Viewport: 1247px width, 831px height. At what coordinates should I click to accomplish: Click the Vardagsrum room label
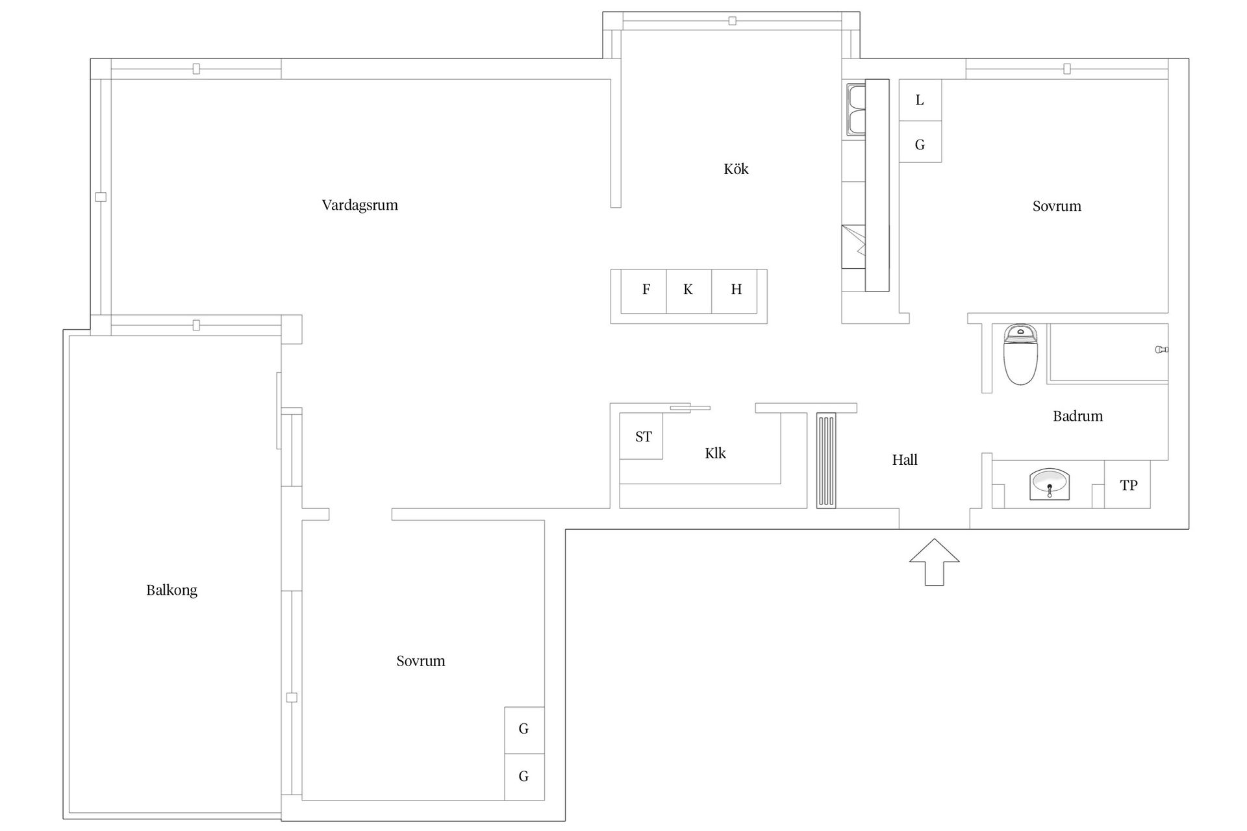tap(360, 205)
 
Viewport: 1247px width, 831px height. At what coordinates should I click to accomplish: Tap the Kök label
tap(736, 169)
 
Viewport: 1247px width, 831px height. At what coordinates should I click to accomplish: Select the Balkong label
tap(171, 590)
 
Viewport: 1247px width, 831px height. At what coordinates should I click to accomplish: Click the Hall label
tap(905, 460)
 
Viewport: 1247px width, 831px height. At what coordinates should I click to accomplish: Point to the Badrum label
tap(1077, 416)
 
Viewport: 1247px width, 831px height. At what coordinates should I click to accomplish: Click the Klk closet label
tap(715, 453)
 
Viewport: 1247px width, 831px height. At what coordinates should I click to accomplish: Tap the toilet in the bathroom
tap(1020, 354)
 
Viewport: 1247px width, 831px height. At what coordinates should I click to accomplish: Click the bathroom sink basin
tap(1049, 484)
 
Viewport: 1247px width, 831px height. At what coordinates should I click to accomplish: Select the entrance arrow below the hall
tap(934, 562)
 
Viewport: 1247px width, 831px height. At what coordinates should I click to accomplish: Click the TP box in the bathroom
tap(1127, 484)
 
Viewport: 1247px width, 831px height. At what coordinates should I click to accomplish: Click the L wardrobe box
tap(920, 100)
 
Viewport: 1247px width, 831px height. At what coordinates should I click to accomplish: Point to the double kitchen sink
tap(855, 110)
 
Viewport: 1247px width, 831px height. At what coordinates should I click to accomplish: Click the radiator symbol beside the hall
tap(826, 460)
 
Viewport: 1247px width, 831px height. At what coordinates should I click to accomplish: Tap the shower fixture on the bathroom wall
tap(1162, 350)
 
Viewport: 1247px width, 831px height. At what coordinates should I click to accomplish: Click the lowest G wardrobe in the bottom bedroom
tap(524, 776)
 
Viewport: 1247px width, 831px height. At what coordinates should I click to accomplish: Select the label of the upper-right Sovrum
tap(1057, 206)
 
